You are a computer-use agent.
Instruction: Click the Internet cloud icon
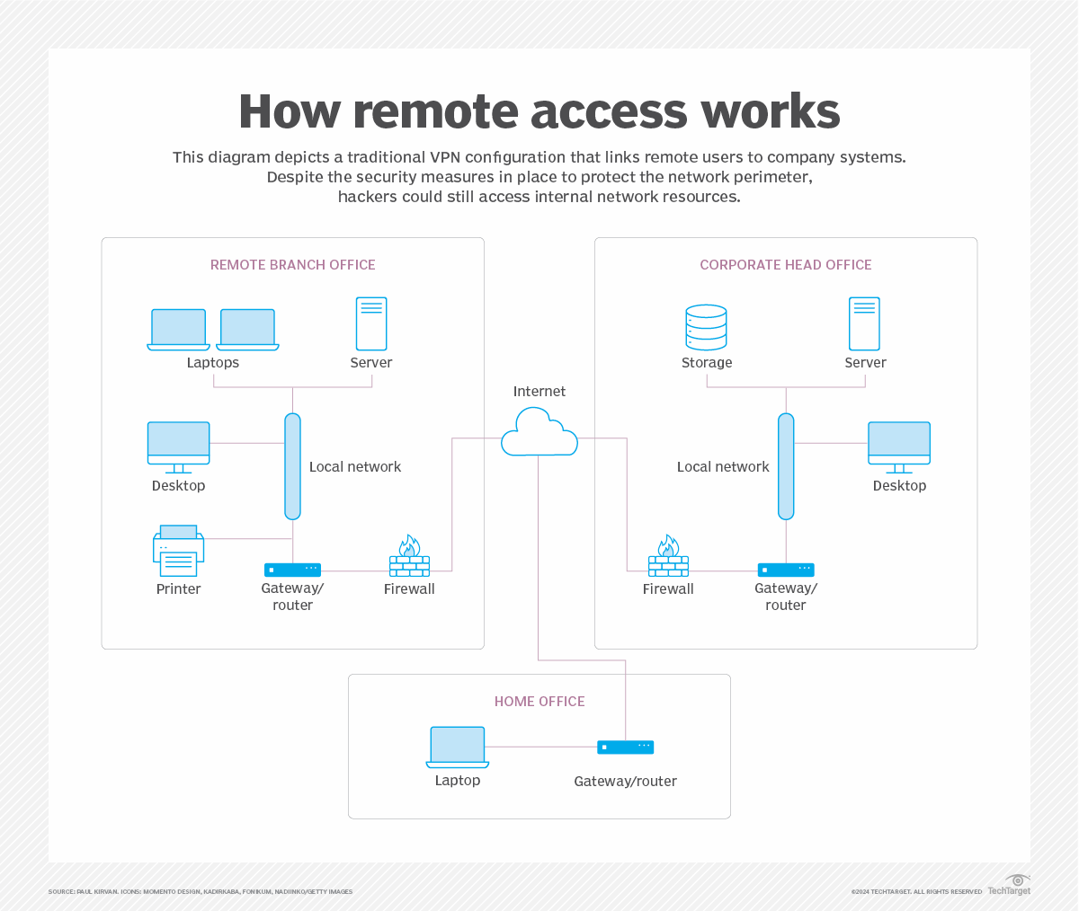click(x=539, y=433)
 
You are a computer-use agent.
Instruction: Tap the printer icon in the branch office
click(x=178, y=551)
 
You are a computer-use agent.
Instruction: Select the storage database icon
click(x=706, y=327)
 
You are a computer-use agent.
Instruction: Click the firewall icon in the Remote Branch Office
click(x=409, y=557)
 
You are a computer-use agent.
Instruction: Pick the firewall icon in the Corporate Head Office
click(x=668, y=557)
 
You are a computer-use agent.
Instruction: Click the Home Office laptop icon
click(x=458, y=747)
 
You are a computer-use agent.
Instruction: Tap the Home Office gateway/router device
click(x=626, y=747)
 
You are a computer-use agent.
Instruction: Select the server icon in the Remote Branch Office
click(x=371, y=323)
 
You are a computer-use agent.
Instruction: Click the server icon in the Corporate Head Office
click(x=864, y=323)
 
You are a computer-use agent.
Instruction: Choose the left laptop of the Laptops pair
click(x=179, y=329)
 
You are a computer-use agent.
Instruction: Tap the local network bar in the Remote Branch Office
click(x=292, y=466)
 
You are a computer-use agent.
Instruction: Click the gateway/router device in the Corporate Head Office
click(x=786, y=570)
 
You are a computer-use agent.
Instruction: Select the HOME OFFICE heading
click(x=539, y=702)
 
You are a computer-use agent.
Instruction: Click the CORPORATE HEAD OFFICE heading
click(x=786, y=265)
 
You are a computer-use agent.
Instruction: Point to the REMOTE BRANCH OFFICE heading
click(x=293, y=265)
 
